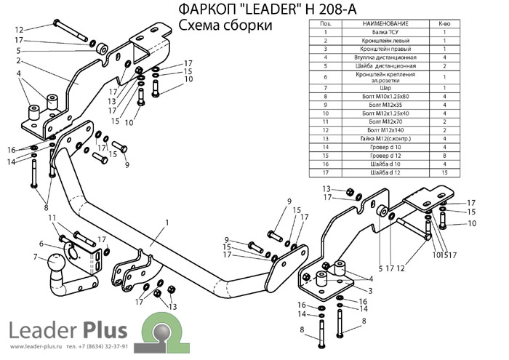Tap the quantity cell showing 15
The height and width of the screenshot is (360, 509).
[x=443, y=172]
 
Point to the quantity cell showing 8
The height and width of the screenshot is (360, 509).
[x=443, y=156]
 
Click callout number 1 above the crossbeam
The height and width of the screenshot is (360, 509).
[x=167, y=223]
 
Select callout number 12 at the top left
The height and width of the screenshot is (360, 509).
[x=19, y=30]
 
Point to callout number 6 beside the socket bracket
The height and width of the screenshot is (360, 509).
[x=41, y=244]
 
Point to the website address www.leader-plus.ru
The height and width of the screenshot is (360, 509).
[x=36, y=347]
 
